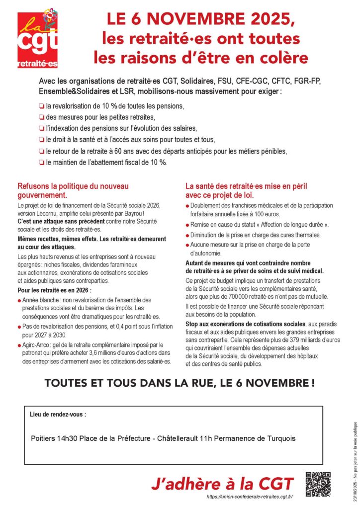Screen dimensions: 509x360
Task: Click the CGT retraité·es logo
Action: tap(38, 39)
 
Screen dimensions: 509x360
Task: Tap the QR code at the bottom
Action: tap(318, 484)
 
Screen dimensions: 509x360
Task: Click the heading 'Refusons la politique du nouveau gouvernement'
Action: tap(73, 190)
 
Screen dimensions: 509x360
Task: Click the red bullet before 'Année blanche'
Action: tap(19, 301)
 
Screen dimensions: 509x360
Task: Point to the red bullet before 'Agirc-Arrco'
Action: tap(19, 344)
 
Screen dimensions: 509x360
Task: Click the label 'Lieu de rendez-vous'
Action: tap(58, 414)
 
